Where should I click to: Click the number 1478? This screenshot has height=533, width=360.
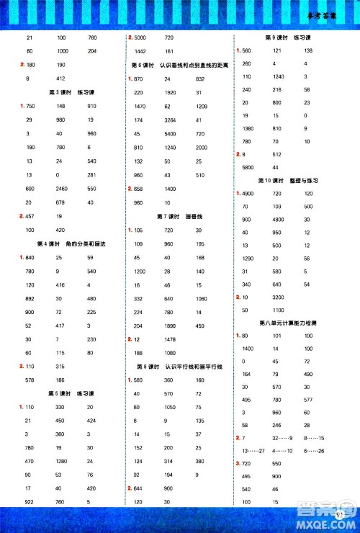tap(170, 339)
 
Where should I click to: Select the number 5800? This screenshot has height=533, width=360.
tap(248, 167)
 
